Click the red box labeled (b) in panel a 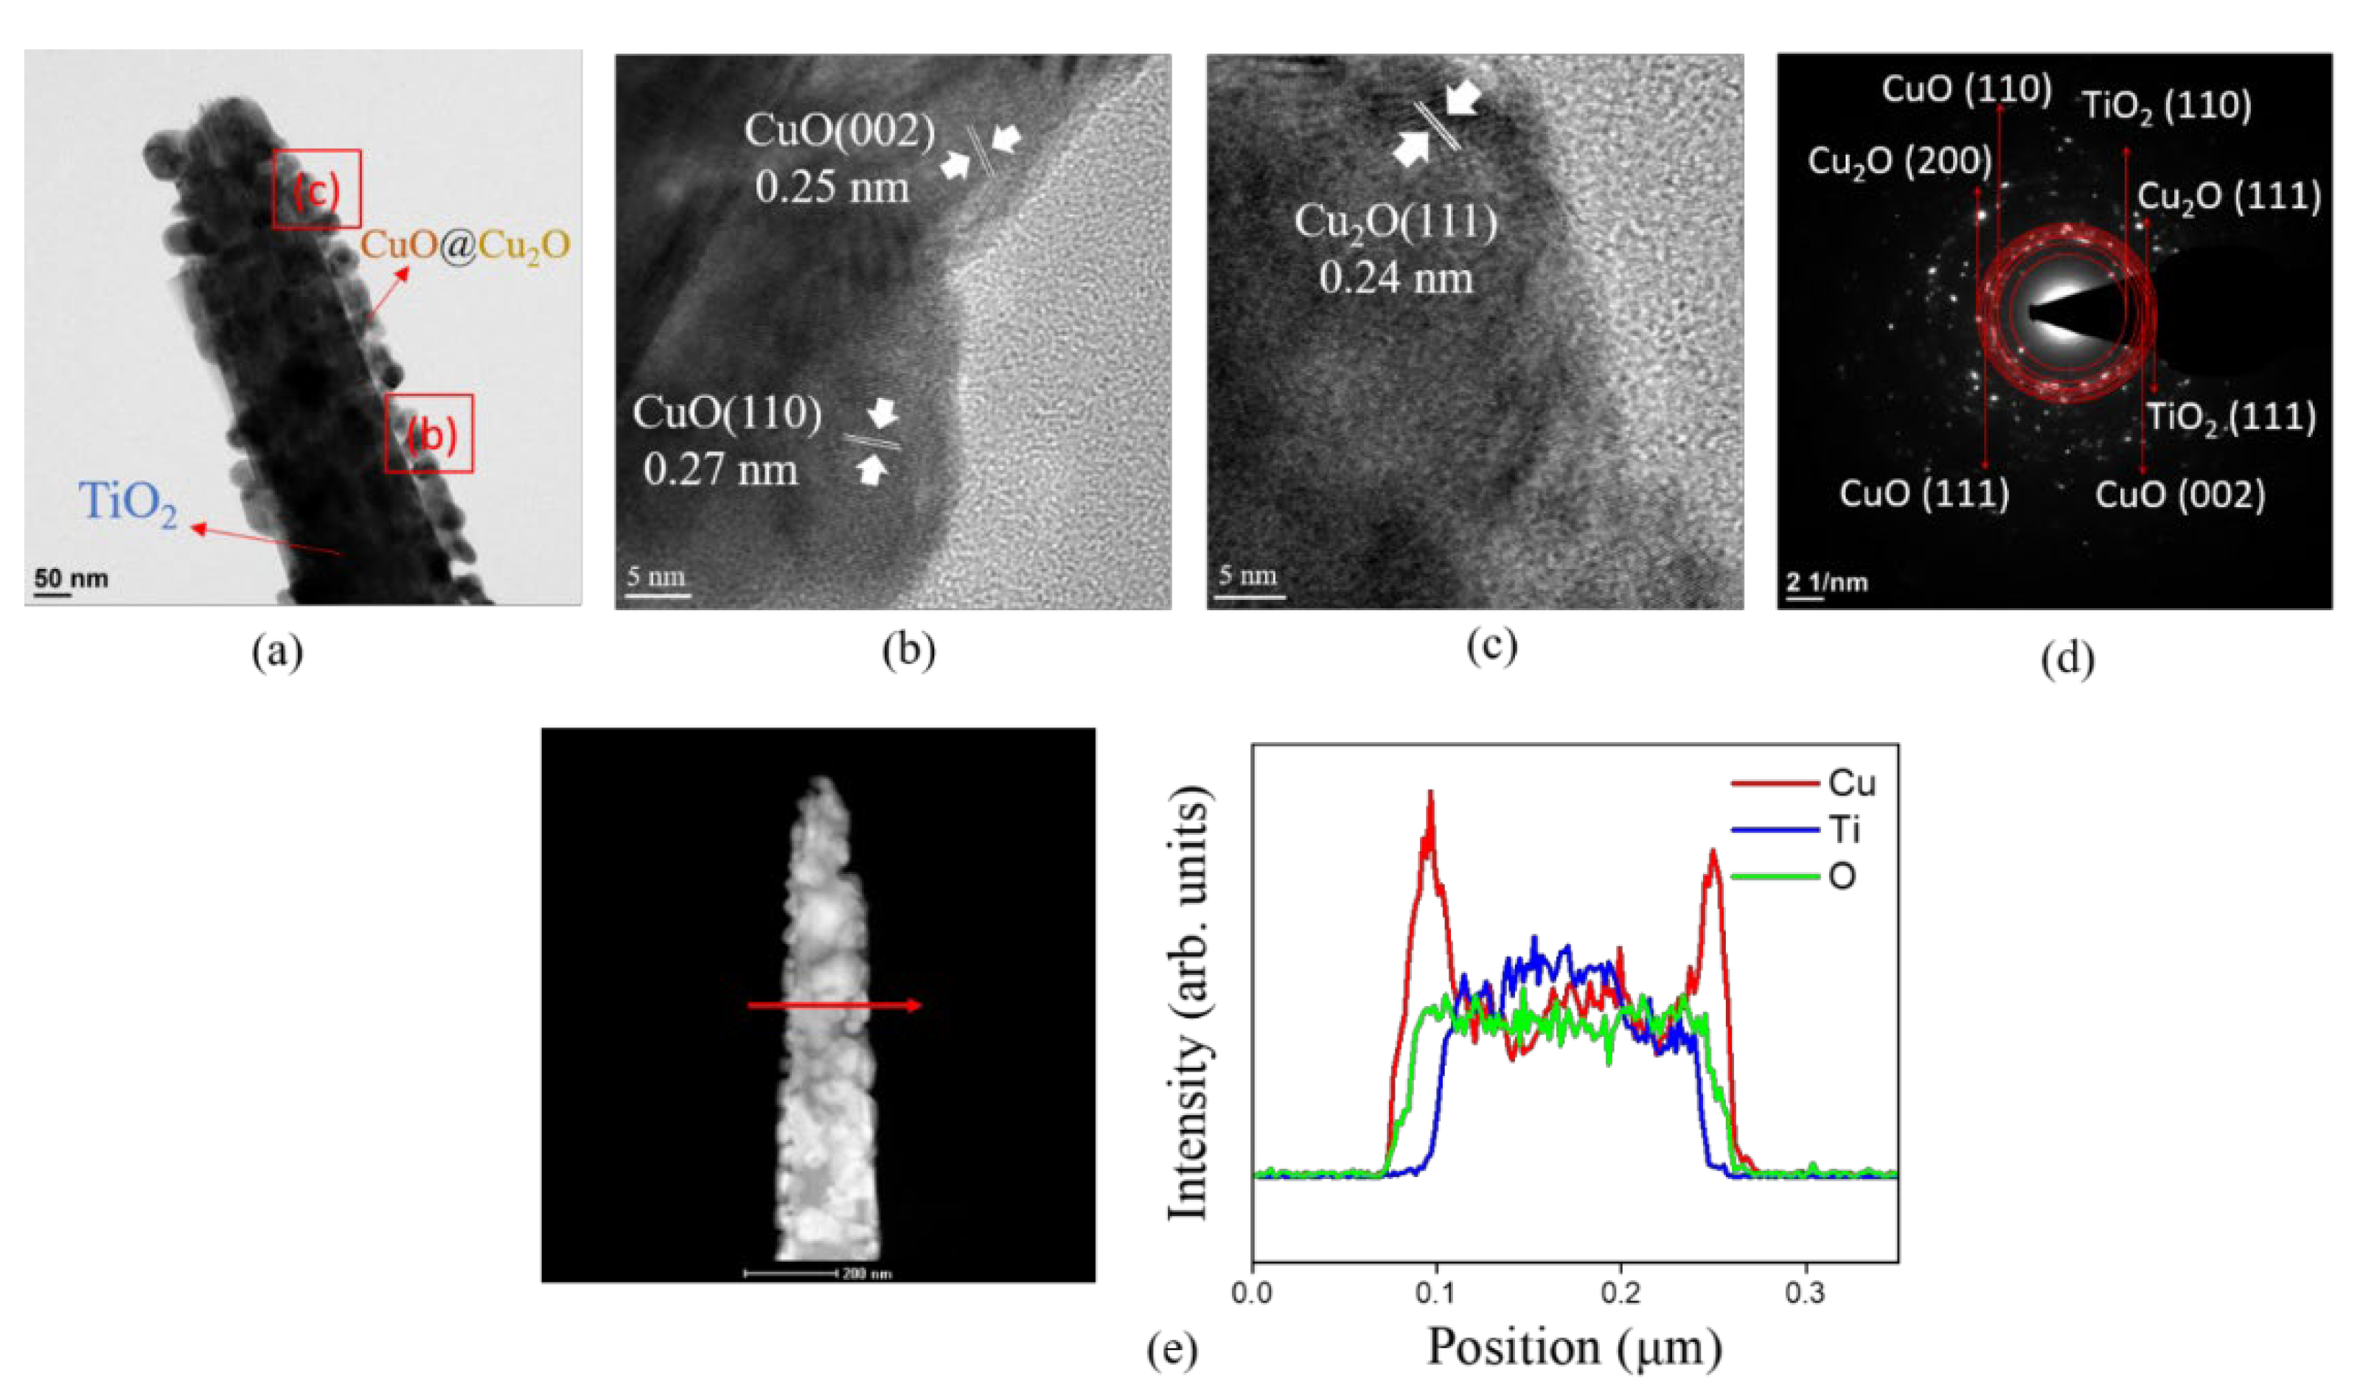click(429, 433)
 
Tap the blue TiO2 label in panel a click(128, 504)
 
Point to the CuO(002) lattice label click(839, 132)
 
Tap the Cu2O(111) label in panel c click(1396, 223)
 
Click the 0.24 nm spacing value click(1396, 278)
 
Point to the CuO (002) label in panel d click(2179, 494)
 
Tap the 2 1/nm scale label click(1825, 583)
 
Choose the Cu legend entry click(1852, 782)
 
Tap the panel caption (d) click(2068, 660)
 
